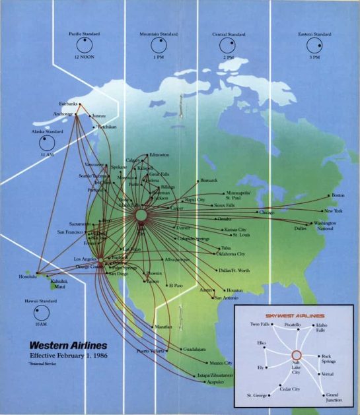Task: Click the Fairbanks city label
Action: point(68,104)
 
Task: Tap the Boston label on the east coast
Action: point(338,195)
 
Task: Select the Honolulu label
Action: point(28,276)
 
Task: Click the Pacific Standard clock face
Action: point(84,46)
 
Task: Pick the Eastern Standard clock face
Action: point(314,46)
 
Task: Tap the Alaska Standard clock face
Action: point(46,143)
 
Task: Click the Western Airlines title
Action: point(69,345)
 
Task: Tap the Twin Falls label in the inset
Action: point(260,325)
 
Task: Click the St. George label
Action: point(257,395)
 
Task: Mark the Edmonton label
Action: point(159,154)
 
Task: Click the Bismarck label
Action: point(209,179)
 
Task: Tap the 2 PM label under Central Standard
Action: point(229,58)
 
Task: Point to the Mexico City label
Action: point(221,363)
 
